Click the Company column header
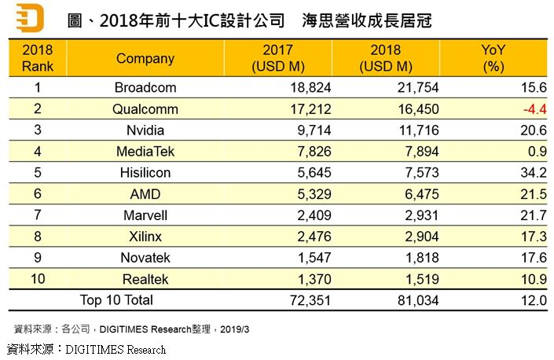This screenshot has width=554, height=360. tap(145, 58)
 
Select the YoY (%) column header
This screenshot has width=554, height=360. tap(493, 58)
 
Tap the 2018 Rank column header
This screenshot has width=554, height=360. tap(38, 58)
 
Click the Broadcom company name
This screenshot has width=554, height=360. tap(145, 88)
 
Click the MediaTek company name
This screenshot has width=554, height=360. tap(145, 152)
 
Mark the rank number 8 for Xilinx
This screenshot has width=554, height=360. tap(37, 237)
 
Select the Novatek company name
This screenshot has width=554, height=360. tap(145, 258)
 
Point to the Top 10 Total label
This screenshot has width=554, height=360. tap(116, 299)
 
